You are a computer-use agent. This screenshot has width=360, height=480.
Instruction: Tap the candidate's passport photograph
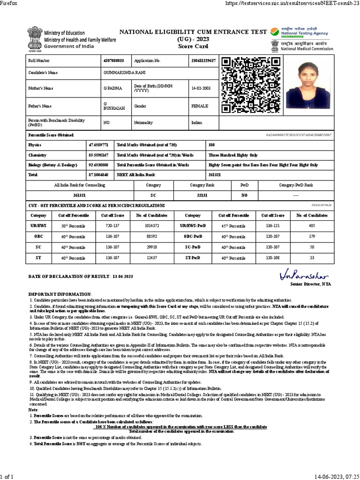click(308, 85)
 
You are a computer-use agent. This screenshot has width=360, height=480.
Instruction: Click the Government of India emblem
click(34, 39)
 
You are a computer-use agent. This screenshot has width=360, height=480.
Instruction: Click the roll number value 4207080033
click(113, 61)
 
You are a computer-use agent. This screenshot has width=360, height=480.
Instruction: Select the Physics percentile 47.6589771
click(99, 145)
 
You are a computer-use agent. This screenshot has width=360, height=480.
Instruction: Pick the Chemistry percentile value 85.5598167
click(99, 155)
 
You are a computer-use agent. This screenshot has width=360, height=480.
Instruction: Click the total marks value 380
click(212, 145)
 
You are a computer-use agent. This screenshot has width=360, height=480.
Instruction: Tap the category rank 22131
click(202, 195)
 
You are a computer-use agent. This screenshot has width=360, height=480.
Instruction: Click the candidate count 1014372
click(154, 225)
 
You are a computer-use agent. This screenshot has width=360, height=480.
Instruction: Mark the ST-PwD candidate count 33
click(312, 257)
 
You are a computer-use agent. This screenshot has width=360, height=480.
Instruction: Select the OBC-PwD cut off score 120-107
click(273, 236)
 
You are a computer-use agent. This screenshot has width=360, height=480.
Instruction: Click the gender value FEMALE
click(200, 106)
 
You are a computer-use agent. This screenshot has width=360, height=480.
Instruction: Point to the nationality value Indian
click(197, 122)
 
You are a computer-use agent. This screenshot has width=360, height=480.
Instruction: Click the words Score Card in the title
click(192, 46)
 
